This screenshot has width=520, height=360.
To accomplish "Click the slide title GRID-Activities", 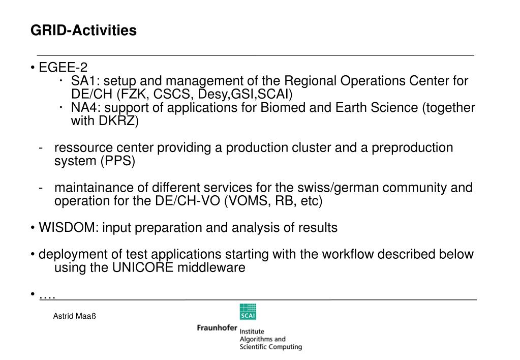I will coord(83,31).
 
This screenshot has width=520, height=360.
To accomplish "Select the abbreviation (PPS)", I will coord(118,161).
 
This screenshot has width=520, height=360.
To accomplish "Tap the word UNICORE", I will coord(142,267).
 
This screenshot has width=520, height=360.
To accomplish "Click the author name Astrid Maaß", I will coord(75,316).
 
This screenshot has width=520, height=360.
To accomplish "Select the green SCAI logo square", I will coord(248,312).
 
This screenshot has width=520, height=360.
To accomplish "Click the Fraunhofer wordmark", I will coord(217,328).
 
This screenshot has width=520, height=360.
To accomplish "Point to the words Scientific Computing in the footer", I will coord(270,347).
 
